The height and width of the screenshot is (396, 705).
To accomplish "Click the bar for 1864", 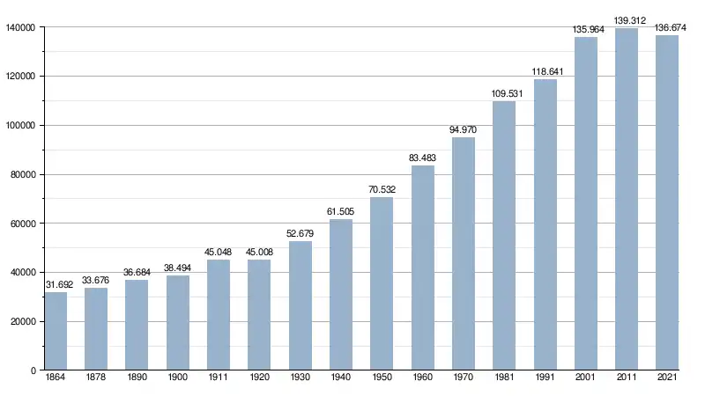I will [56, 331].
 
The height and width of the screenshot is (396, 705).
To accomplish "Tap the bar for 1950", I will [382, 283].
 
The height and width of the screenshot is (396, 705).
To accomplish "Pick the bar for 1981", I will [504, 236].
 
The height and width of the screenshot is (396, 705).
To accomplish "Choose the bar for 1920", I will [259, 314].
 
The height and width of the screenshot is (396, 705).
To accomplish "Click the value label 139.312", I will [626, 20].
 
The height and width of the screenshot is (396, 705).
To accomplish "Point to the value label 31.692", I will [56, 284].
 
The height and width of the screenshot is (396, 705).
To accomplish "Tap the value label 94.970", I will [463, 129].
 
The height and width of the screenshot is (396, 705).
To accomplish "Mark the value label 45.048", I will [219, 252].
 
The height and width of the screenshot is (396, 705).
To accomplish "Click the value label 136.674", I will [667, 27].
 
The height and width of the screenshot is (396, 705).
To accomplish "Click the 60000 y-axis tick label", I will [22, 224].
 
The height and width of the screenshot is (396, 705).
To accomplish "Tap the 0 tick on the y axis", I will [32, 370].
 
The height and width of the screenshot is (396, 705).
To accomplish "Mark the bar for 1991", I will [545, 224].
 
